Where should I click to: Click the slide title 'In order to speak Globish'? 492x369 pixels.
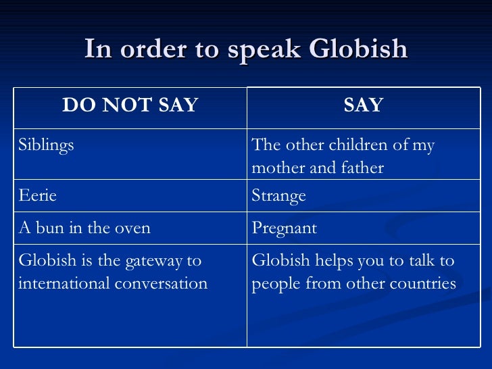point(246,49)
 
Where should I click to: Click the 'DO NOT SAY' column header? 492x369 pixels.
point(130,105)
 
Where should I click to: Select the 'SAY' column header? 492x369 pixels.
point(364,105)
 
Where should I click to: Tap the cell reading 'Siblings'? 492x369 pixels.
point(46,145)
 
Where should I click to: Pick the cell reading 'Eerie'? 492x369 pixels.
point(37,196)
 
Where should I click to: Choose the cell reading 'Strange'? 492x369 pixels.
point(278,196)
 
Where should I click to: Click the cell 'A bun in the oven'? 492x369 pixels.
point(84,228)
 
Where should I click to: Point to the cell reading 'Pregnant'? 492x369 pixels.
point(284,228)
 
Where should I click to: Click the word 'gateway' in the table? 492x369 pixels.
point(149,261)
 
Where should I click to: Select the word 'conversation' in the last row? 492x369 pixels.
point(162,283)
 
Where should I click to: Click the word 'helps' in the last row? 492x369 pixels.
point(330,261)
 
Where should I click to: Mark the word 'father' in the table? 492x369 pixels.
point(361,168)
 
